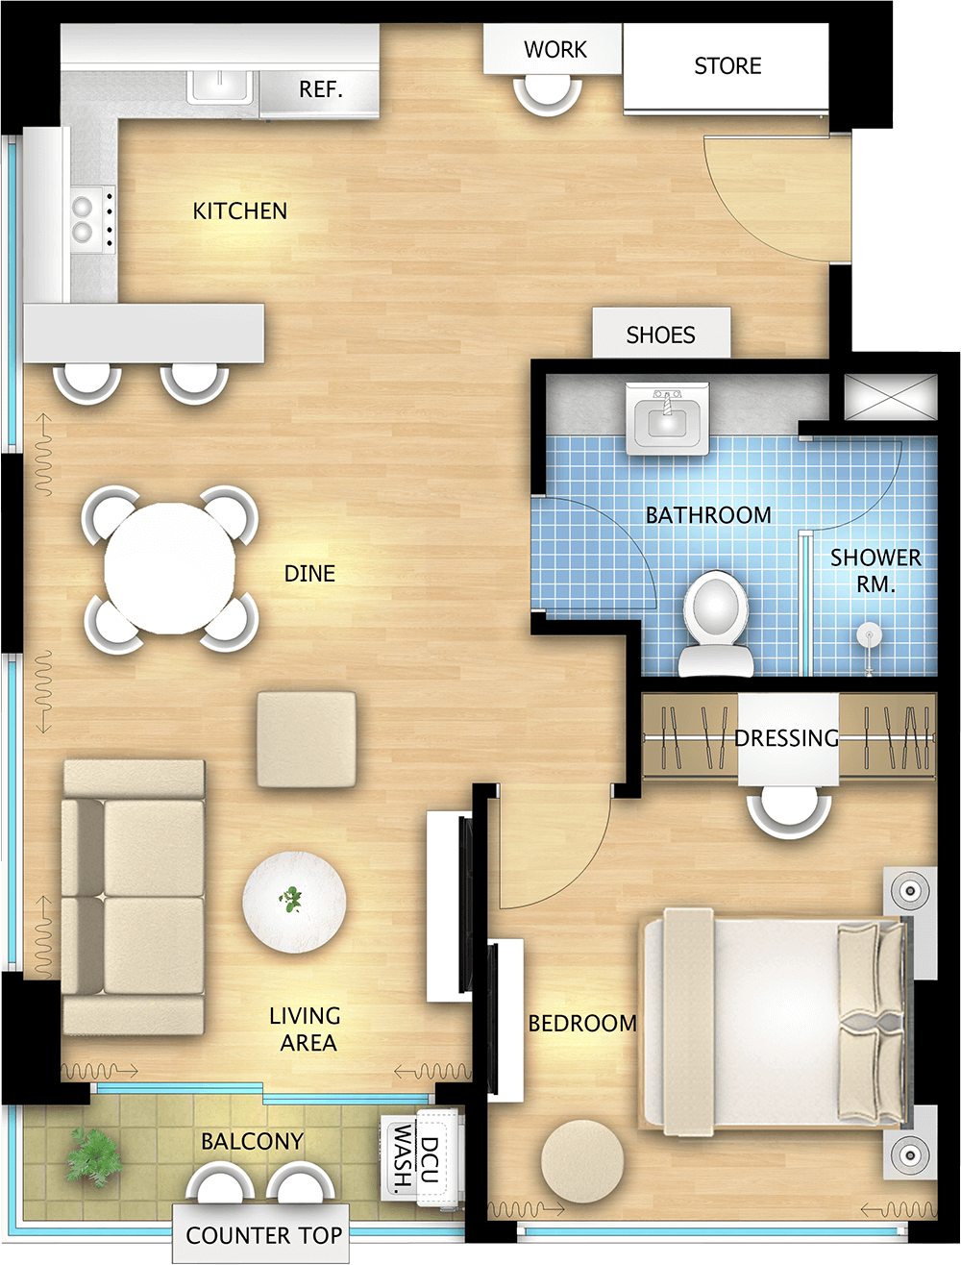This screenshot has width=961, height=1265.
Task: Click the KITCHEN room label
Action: pyautogui.click(x=239, y=211)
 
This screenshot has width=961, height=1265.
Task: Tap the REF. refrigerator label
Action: pyautogui.click(x=321, y=89)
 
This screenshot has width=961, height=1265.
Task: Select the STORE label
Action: pyautogui.click(x=727, y=65)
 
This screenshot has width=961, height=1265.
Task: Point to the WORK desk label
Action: pyautogui.click(x=555, y=50)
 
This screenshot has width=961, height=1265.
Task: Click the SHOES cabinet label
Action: pyautogui.click(x=661, y=335)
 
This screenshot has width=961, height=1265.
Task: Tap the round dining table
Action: pyautogui.click(x=169, y=568)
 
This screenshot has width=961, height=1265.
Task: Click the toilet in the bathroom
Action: pyautogui.click(x=716, y=624)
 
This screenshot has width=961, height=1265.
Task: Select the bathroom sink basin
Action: pyautogui.click(x=667, y=419)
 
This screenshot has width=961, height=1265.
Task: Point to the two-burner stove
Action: pyautogui.click(x=92, y=219)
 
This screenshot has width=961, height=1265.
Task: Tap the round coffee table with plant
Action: pyautogui.click(x=294, y=902)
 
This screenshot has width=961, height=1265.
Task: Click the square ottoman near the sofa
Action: pyautogui.click(x=306, y=739)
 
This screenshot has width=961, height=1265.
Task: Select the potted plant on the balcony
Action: pyautogui.click(x=94, y=1156)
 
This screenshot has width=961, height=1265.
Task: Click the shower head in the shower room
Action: pyautogui.click(x=869, y=636)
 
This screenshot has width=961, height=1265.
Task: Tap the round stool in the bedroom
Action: pyautogui.click(x=582, y=1161)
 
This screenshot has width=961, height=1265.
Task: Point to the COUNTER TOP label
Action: pyautogui.click(x=264, y=1235)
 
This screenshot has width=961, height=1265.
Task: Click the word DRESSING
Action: pyautogui.click(x=787, y=737)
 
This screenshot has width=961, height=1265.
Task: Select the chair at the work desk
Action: pyautogui.click(x=548, y=95)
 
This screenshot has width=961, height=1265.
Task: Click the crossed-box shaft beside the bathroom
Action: pyautogui.click(x=891, y=396)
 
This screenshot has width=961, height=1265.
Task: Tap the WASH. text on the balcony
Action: pyautogui.click(x=404, y=1157)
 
